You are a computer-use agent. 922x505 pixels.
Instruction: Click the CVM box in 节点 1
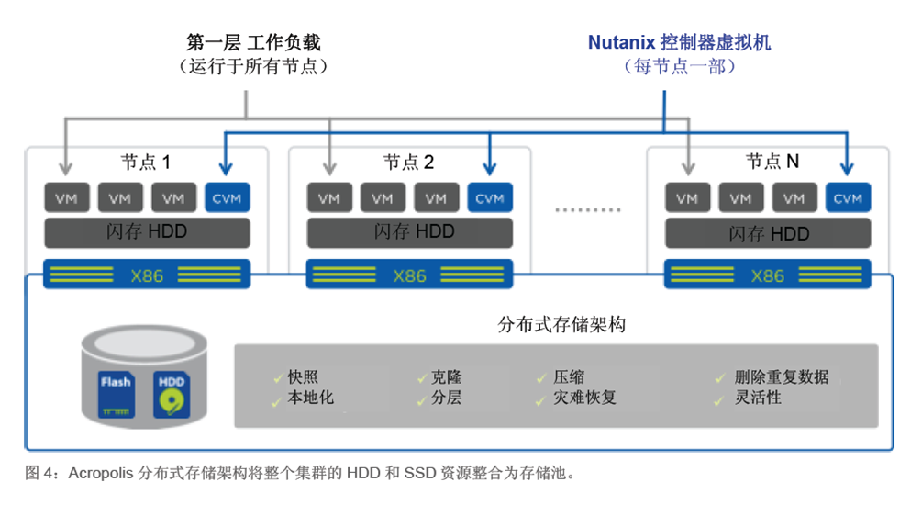pyautogui.click(x=227, y=198)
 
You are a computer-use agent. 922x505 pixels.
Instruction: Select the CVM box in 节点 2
pyautogui.click(x=490, y=198)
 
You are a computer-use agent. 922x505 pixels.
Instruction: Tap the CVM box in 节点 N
pyautogui.click(x=848, y=198)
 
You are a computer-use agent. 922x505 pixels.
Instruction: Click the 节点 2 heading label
pyautogui.click(x=408, y=163)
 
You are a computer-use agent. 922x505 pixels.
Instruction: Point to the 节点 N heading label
pyautogui.click(x=772, y=162)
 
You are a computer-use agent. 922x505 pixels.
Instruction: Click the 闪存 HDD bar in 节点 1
pyautogui.click(x=148, y=232)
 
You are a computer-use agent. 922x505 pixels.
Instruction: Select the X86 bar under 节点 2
pyautogui.click(x=410, y=275)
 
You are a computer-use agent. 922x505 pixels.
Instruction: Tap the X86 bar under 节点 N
pyautogui.click(x=768, y=275)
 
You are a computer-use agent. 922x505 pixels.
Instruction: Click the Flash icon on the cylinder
pyautogui.click(x=117, y=393)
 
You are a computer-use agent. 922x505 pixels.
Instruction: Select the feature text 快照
pyautogui.click(x=304, y=377)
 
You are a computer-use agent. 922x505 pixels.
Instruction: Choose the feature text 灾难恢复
pyautogui.click(x=585, y=398)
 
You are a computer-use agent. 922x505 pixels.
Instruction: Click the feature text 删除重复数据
pyautogui.click(x=782, y=377)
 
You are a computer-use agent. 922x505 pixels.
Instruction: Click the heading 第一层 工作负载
pyautogui.click(x=254, y=42)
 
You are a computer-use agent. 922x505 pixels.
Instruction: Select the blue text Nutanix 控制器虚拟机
pyautogui.click(x=680, y=42)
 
